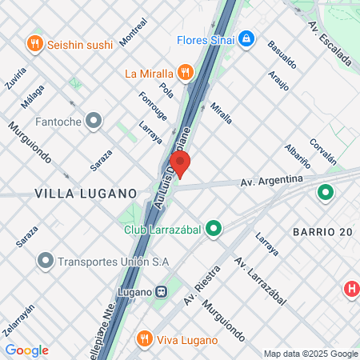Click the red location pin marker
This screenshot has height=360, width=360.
(x=181, y=164)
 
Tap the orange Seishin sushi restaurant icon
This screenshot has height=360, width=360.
(x=34, y=43)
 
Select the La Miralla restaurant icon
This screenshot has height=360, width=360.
(x=186, y=74)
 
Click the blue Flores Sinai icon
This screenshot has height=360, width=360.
(x=246, y=38)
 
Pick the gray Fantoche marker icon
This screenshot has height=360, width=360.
(x=94, y=122)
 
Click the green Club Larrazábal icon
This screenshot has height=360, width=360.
(x=214, y=229)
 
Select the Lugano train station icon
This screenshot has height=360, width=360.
(x=162, y=291)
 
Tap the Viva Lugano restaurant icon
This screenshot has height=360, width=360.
(x=144, y=338)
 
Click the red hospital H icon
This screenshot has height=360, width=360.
(x=351, y=289)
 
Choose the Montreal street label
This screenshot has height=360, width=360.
(x=132, y=31)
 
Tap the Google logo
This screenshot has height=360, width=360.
(x=26, y=350)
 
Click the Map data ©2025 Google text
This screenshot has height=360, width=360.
(x=310, y=354)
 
